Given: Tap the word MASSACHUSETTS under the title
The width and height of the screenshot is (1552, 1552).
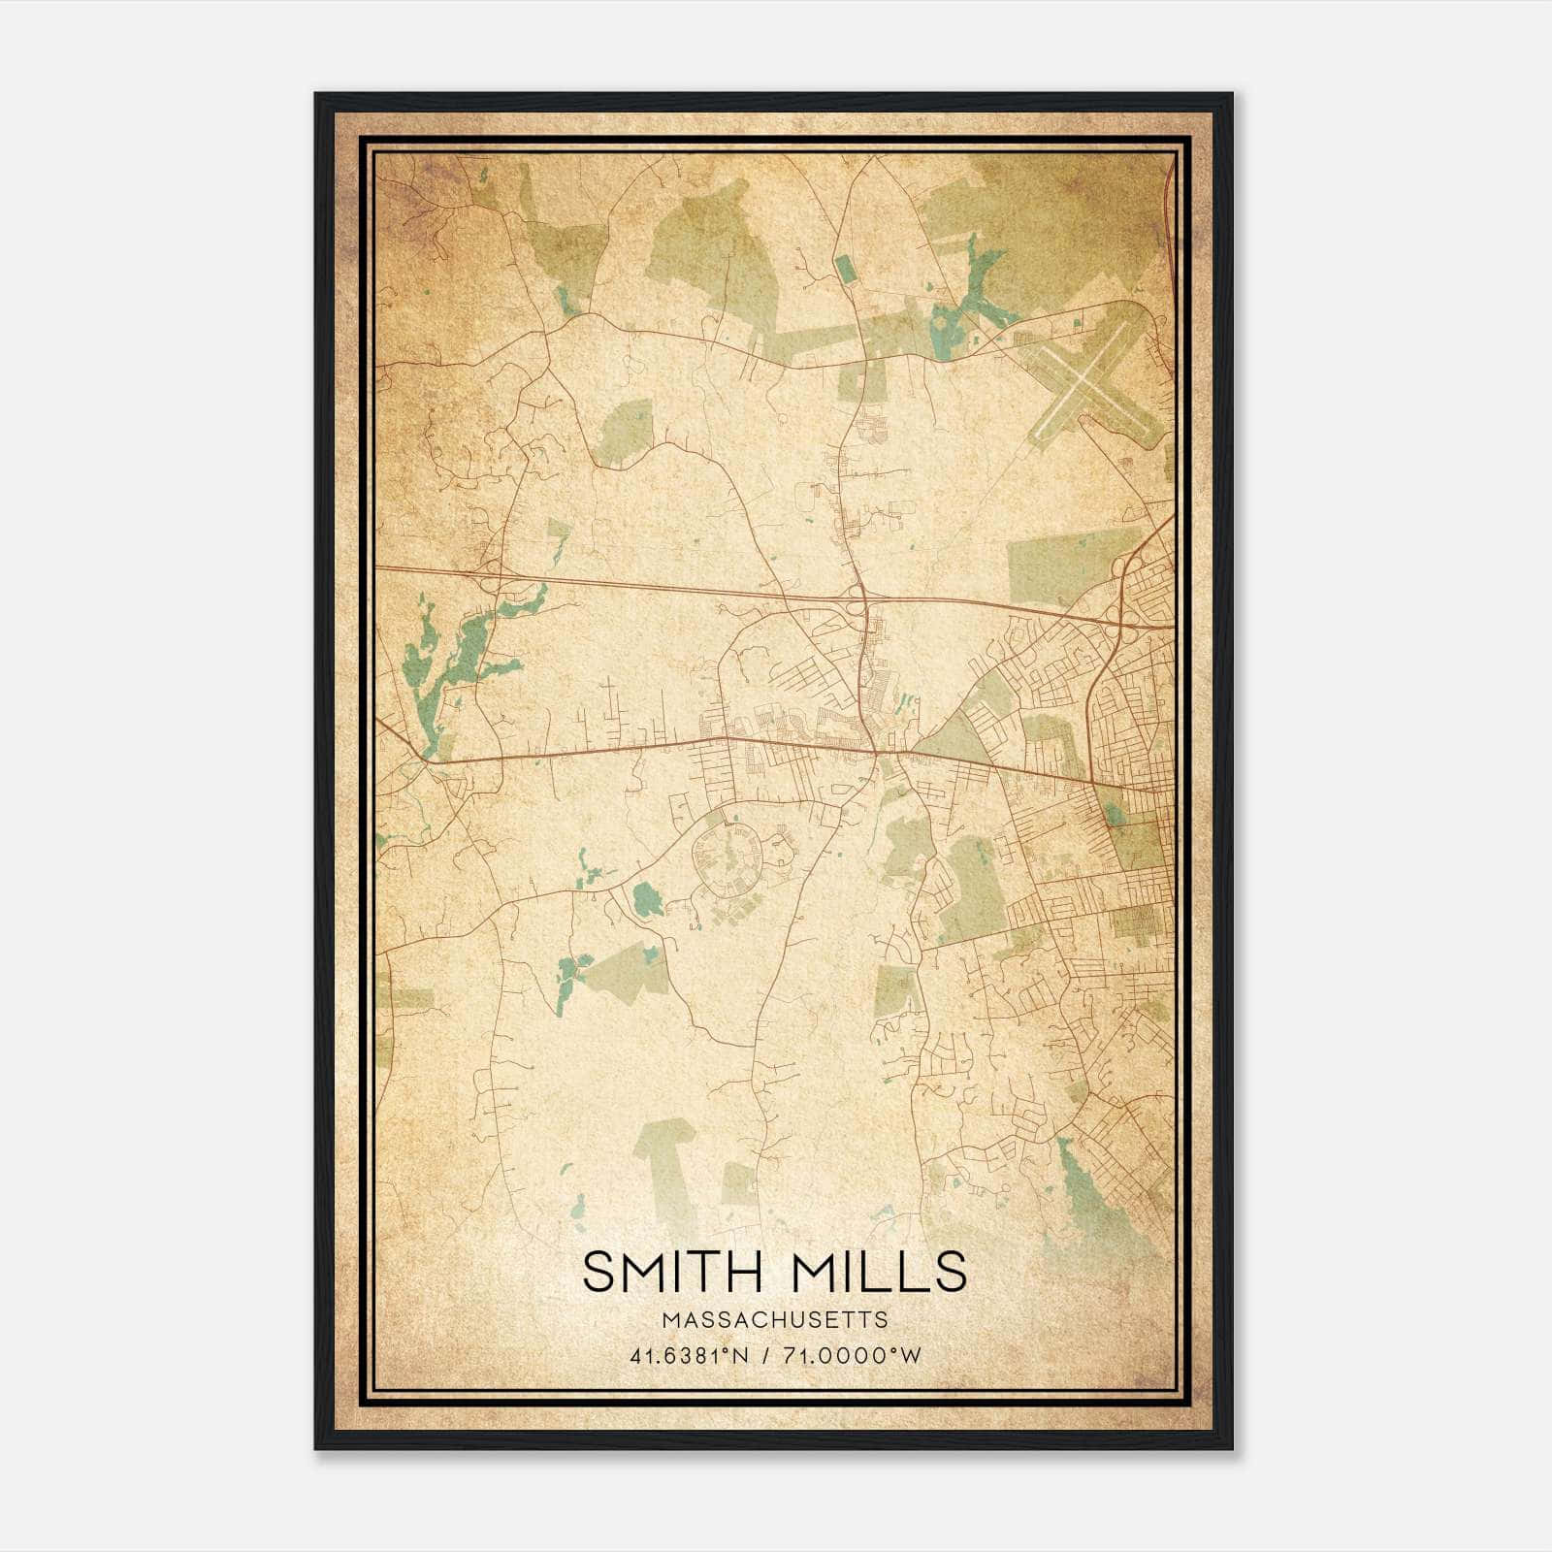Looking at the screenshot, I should coord(775,1319).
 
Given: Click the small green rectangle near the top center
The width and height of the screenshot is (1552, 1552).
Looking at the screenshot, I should coord(845,268).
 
